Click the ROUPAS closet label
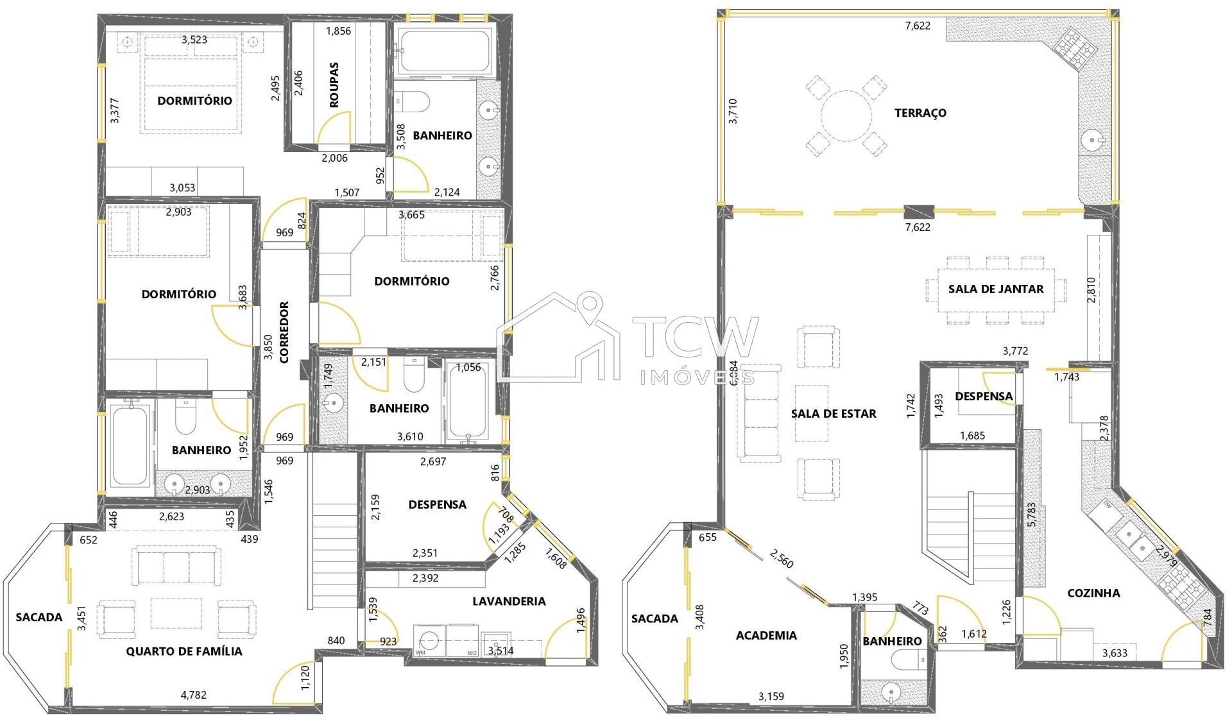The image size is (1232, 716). (334, 85)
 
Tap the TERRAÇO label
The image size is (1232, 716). (920, 113)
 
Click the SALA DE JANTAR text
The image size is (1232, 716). (996, 289)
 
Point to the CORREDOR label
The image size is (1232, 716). (285, 332)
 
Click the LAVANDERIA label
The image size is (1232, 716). (509, 601)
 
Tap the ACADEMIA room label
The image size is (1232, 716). (766, 635)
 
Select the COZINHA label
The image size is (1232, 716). (1093, 593)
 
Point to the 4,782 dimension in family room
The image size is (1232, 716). (193, 694)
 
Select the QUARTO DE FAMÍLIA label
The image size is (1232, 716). (184, 651)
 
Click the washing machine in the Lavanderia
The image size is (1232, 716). (429, 641)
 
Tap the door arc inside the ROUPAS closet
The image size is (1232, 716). (336, 127)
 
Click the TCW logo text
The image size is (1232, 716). (696, 337)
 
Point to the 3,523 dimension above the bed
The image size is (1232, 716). (194, 40)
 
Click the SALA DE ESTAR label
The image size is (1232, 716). (833, 414)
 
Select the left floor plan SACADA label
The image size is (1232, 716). (39, 617)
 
